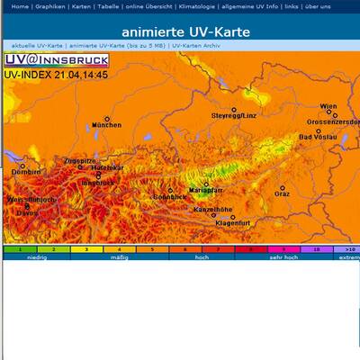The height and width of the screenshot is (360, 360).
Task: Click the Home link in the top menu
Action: coord(18,6)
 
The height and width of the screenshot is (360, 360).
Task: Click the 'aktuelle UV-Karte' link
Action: coord(38,45)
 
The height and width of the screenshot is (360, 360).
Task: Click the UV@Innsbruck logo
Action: coord(56,60)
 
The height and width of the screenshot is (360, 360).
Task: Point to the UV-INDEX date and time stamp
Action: coord(56,75)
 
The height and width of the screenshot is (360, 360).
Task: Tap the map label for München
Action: coord(106,125)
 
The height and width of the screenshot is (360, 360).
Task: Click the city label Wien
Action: coord(328,106)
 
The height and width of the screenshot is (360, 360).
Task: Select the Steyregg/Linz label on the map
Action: coord(234,116)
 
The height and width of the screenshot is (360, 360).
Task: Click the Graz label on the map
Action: coord(282,193)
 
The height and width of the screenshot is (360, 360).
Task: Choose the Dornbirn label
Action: coord(26,171)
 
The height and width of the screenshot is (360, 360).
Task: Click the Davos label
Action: coord(27,213)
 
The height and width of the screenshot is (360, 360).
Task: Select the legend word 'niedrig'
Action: coord(37,256)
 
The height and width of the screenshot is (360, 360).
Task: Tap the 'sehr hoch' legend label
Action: coord(282,256)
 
